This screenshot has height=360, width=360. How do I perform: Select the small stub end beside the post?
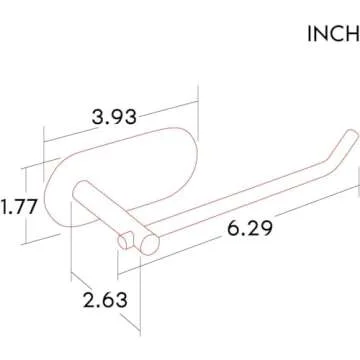pos(125,239)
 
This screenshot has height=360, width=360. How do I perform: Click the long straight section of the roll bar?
pos(240,204)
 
